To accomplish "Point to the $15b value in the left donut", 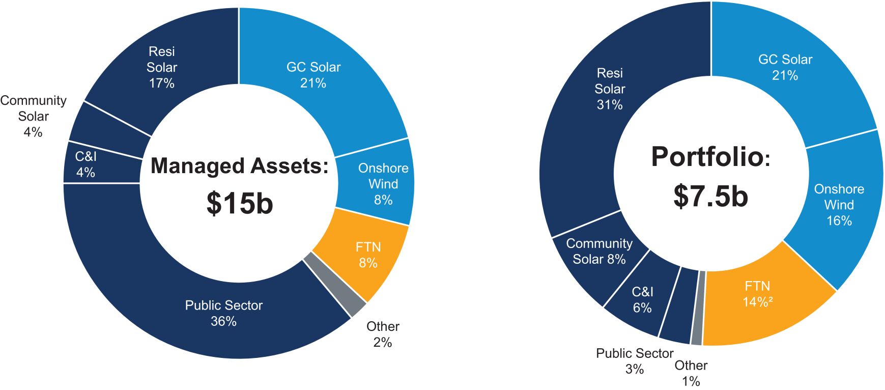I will point(240,203).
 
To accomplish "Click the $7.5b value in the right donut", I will point(710,196).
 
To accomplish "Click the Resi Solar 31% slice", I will point(609,89).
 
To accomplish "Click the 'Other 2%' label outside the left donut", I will point(383,334).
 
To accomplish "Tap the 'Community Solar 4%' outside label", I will point(33,116).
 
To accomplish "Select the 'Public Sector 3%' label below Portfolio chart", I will point(635,360).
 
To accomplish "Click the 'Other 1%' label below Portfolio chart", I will point(691,373).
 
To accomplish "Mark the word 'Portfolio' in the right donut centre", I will point(707,156).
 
